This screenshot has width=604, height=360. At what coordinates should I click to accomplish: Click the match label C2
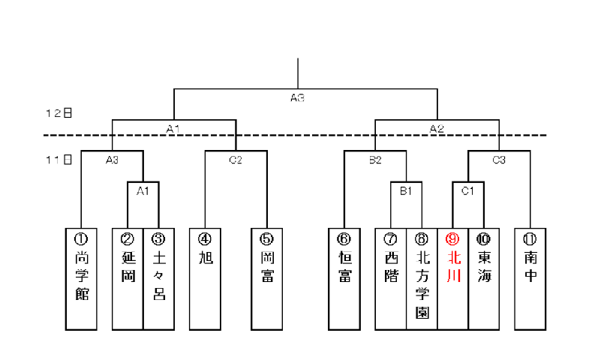point(236,160)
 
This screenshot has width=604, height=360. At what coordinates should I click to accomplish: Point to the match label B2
point(375,160)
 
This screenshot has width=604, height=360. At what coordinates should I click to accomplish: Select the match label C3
point(499,160)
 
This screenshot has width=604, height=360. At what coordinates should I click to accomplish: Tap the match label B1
point(406,191)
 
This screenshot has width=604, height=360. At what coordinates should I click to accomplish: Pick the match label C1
point(468,191)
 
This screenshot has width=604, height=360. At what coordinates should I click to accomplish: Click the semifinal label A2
point(437,129)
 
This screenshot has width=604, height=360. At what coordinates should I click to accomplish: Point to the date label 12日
point(59,113)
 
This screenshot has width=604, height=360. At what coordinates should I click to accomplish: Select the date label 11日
point(59,160)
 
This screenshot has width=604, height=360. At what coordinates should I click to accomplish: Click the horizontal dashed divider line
point(300,136)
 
